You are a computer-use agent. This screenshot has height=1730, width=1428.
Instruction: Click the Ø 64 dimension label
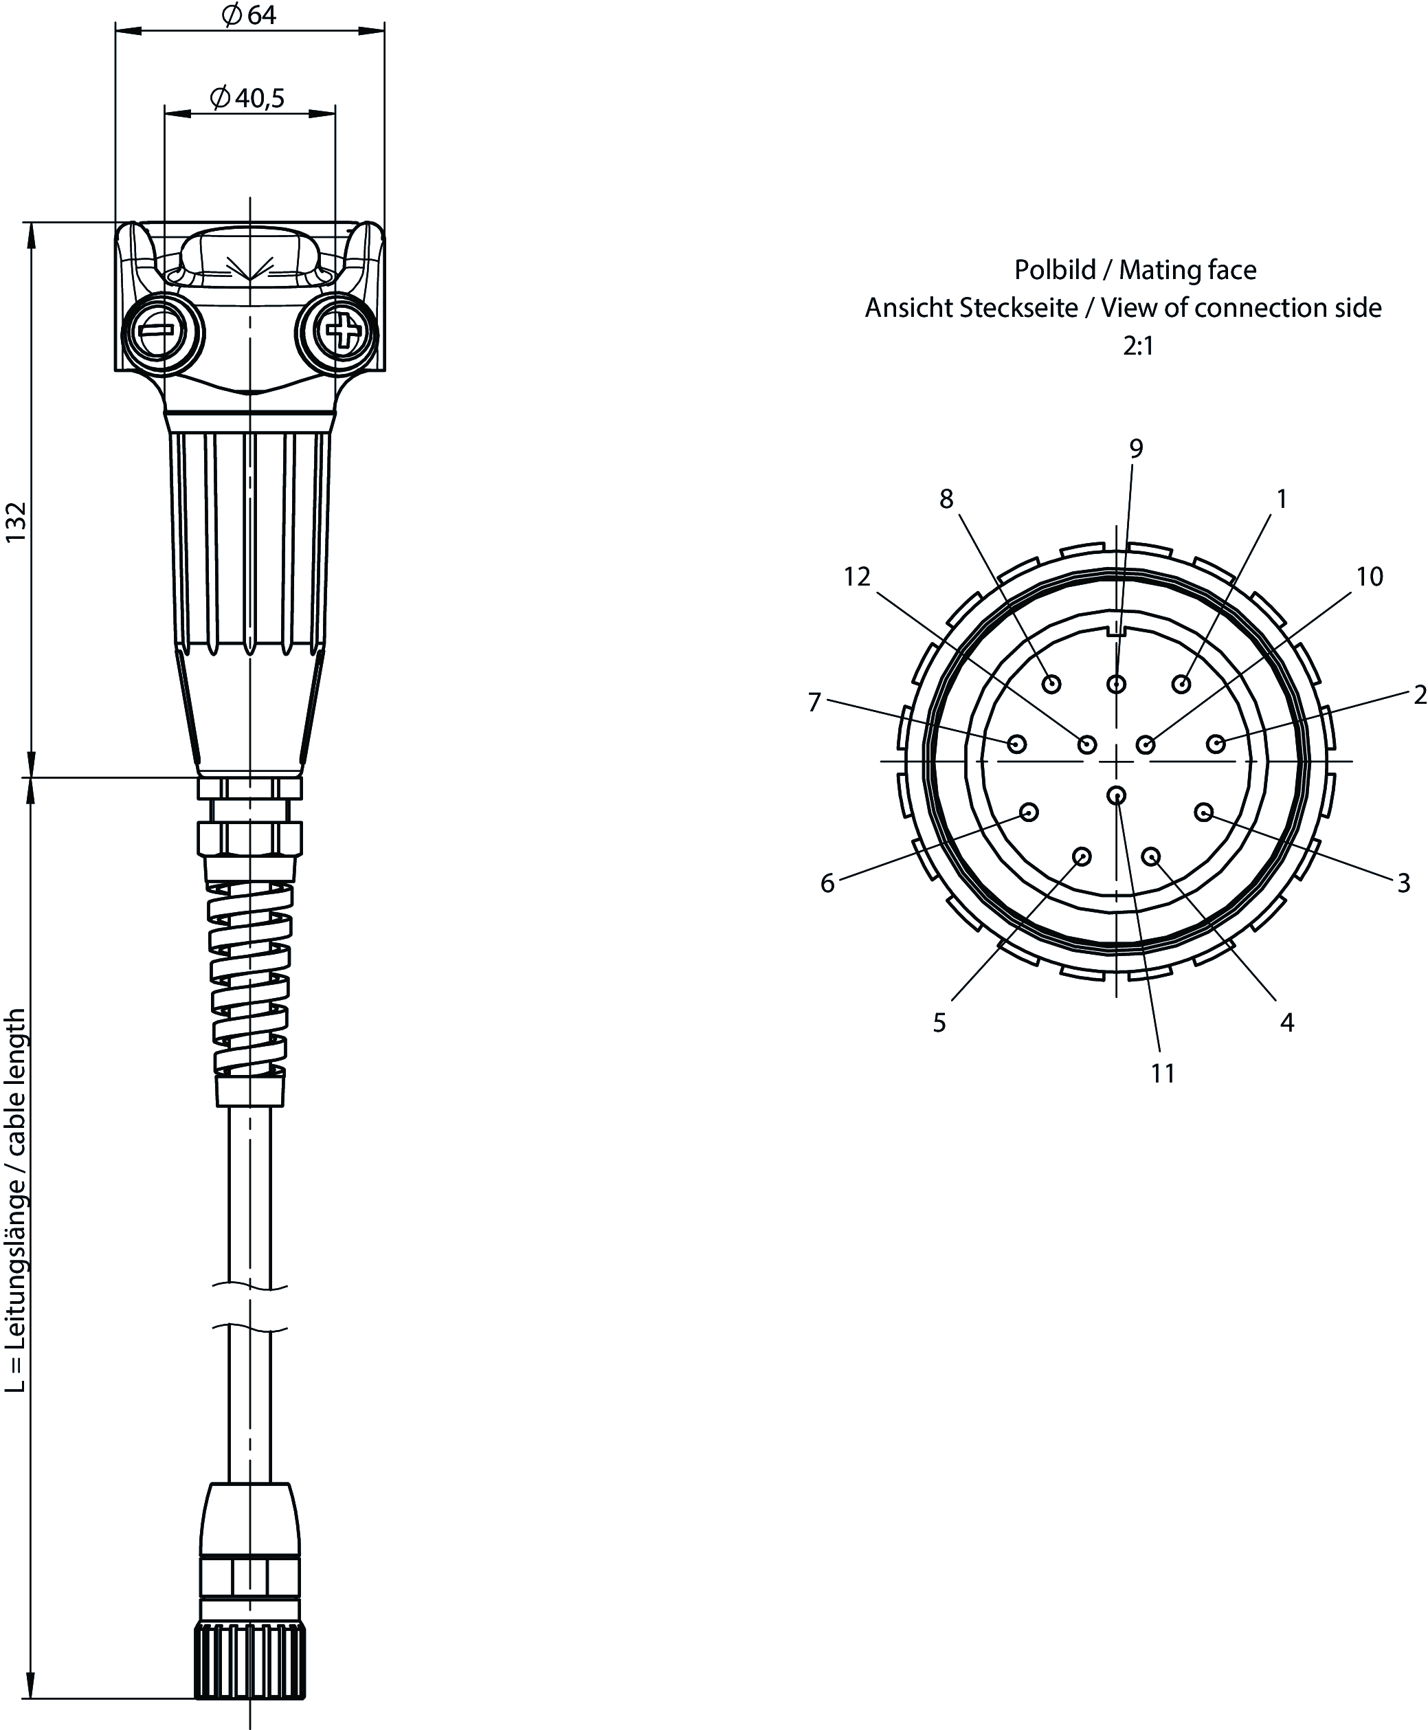pos(249,16)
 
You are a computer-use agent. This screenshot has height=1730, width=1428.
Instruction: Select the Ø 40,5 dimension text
pos(247,99)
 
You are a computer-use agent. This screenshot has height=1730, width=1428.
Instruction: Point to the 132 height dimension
pos(17,522)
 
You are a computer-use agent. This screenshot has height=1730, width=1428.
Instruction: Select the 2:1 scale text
pos(1139,346)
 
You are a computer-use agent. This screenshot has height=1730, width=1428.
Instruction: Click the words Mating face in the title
pos(1187,270)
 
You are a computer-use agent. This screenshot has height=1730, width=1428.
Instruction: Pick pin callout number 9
pos(1136,448)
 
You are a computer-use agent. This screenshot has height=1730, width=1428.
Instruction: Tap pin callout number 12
pos(857,577)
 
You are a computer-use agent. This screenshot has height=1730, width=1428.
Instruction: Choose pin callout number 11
pos(1162,1073)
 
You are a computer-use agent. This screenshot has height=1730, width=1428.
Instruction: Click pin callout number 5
pos(939,1023)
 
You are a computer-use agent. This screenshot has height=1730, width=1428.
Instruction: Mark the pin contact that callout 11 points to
pos(1116,795)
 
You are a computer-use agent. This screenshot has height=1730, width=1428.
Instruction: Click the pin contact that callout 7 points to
pos(1018,744)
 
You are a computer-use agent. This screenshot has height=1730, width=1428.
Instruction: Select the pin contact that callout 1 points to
pos(1182,684)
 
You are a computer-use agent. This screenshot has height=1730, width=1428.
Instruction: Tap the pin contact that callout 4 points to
pos(1152,856)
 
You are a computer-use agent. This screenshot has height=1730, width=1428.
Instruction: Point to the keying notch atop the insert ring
pos(1116,632)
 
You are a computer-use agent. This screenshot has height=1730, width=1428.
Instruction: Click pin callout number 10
pos(1370,577)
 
